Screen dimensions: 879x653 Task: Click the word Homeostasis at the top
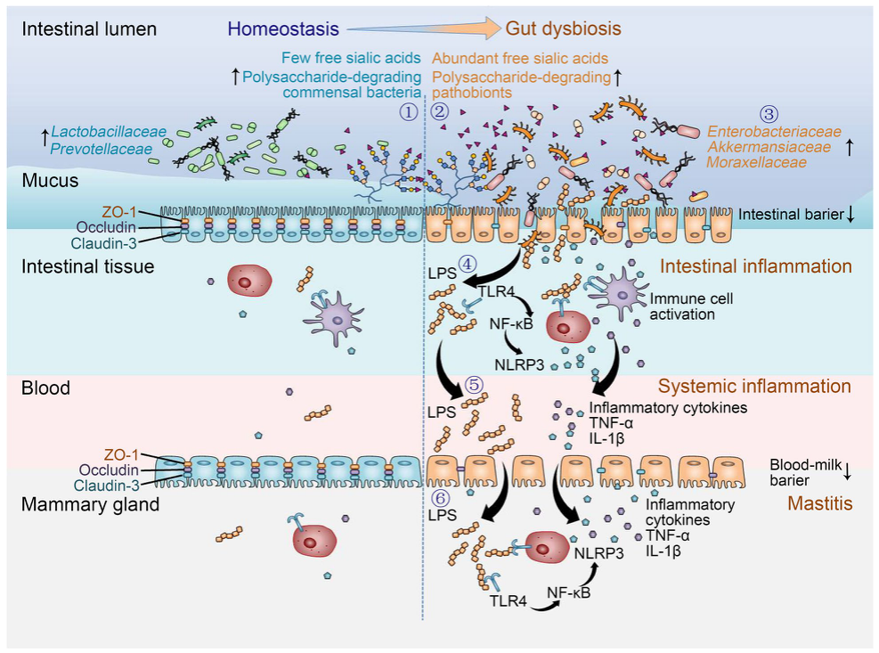tap(283, 29)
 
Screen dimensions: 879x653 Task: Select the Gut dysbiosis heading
tap(564, 29)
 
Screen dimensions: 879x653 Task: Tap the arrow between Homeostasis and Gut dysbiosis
tap(423, 28)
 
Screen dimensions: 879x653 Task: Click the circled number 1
tap(409, 112)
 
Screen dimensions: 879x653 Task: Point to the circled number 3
tap(769, 114)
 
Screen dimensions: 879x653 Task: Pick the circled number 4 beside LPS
tap(468, 264)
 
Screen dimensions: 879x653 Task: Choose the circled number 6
tap(441, 498)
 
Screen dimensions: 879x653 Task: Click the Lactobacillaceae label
tap(109, 132)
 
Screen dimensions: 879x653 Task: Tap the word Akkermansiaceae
tap(769, 147)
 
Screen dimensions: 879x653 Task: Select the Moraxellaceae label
tap(756, 163)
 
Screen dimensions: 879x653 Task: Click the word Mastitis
tap(819, 503)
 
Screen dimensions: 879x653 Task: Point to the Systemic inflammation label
tap(754, 386)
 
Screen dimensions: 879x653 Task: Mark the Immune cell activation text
tap(691, 306)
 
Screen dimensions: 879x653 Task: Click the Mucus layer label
tap(50, 181)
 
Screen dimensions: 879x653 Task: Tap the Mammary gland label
tap(90, 504)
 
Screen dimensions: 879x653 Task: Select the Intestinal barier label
tap(791, 215)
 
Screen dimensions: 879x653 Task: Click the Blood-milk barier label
tap(806, 472)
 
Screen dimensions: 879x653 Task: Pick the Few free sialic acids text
tap(351, 58)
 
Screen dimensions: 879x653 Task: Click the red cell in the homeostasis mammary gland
tap(314, 541)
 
